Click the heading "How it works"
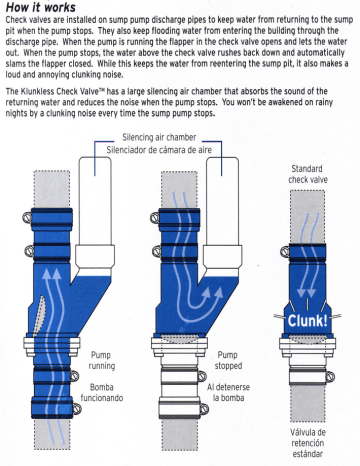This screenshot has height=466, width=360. pyautogui.click(x=41, y=7)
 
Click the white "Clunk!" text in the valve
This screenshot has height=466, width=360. pyautogui.click(x=307, y=321)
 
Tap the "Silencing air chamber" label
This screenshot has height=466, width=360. pyautogui.click(x=159, y=137)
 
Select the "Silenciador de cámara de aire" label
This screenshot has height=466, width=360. pyautogui.click(x=159, y=150)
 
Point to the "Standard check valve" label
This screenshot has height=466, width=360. pyautogui.click(x=308, y=174)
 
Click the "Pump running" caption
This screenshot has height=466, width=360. pyautogui.click(x=102, y=360)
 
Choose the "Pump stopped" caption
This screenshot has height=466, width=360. pyautogui.click(x=228, y=360)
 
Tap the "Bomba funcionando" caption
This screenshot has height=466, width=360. pyautogui.click(x=102, y=392)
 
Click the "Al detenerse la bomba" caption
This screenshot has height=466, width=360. pyautogui.click(x=228, y=392)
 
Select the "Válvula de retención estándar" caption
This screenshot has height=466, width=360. pyautogui.click(x=307, y=443)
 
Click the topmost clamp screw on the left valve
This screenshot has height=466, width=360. pyautogui.click(x=27, y=217)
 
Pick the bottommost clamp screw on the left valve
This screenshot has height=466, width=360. pyautogui.click(x=77, y=408)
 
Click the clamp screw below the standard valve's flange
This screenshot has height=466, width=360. pyautogui.click(x=330, y=377)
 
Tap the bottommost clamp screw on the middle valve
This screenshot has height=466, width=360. pyautogui.click(x=204, y=409)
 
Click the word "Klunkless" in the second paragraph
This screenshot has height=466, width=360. pyautogui.click(x=37, y=91)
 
